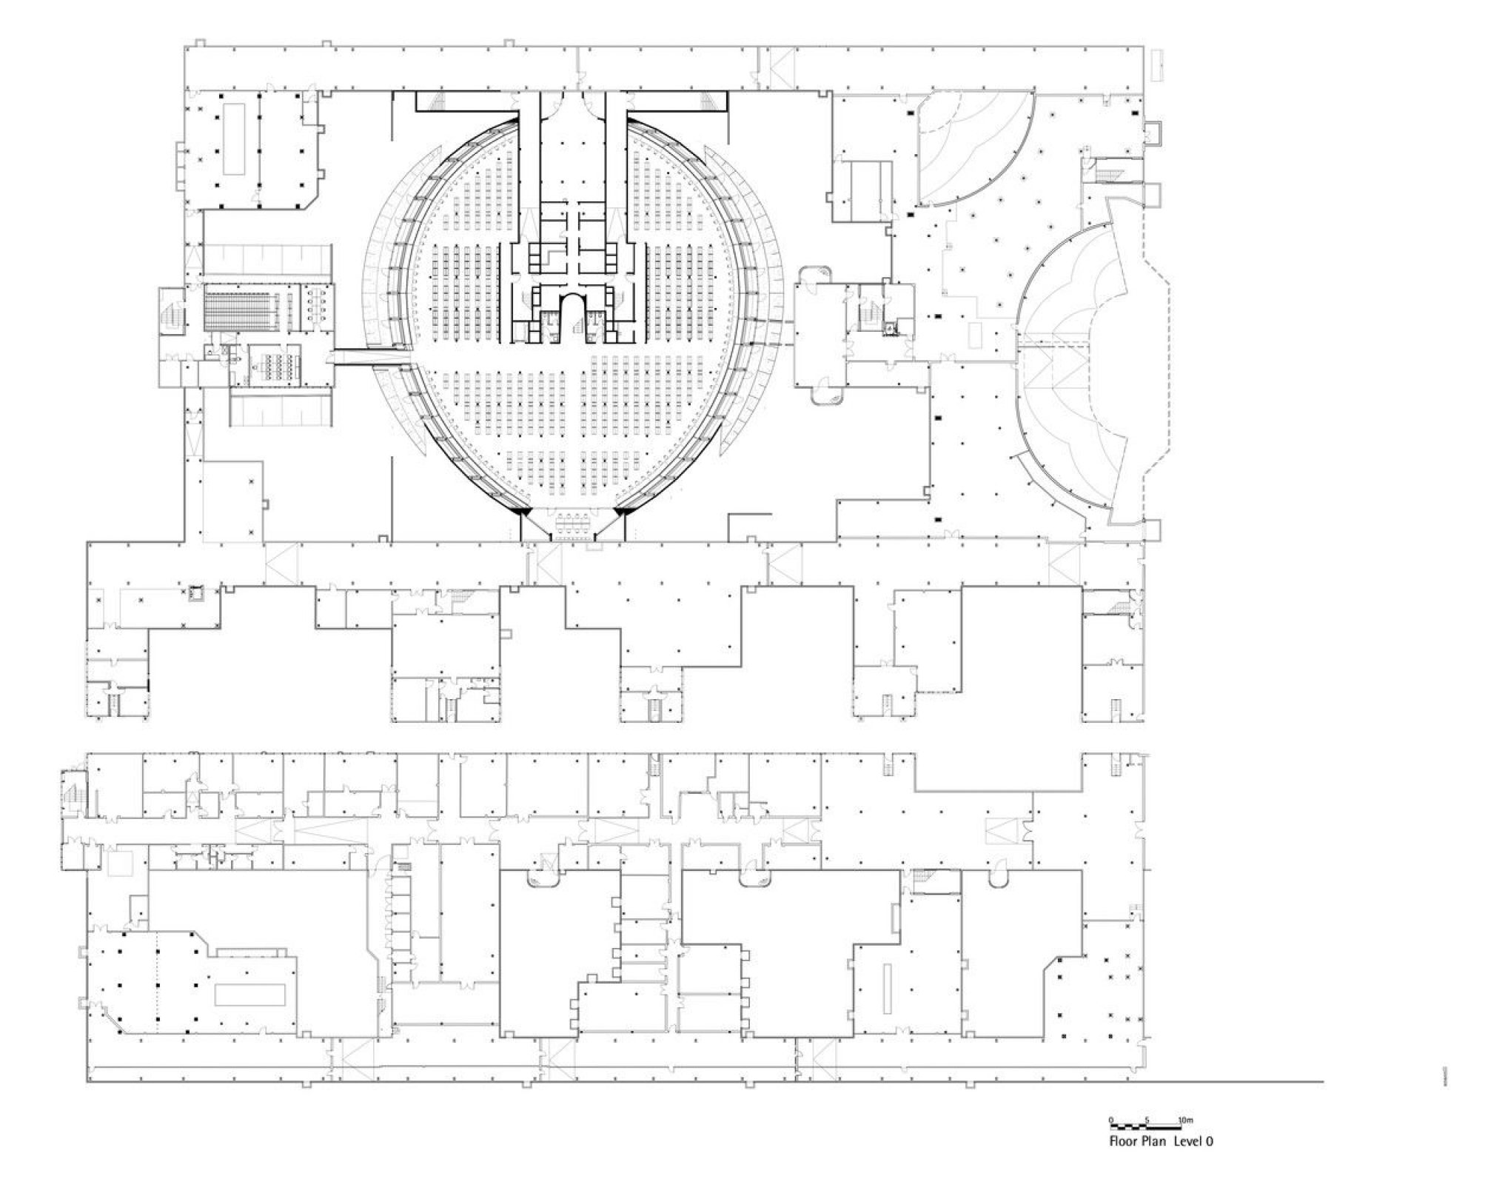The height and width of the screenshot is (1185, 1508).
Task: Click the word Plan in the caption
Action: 1156,1141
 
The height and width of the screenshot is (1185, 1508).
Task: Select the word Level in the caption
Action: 1190,1141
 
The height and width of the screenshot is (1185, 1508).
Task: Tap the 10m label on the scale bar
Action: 1185,1119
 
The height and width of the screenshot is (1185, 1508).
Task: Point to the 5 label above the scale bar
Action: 1146,1119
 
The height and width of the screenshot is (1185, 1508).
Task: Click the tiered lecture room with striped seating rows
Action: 240,311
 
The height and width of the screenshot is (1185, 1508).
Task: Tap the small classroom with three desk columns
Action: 275,365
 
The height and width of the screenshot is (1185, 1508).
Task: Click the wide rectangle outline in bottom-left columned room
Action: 250,994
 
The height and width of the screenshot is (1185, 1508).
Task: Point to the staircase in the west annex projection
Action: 170,311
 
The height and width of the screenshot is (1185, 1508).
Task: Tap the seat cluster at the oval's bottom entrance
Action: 572,524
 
